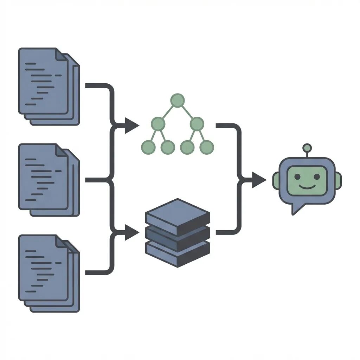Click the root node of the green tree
[178, 100]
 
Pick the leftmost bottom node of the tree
[148, 147]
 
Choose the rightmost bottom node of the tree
[207, 147]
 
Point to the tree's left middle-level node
[158, 123]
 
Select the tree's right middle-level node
[197, 123]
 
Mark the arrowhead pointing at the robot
[259, 180]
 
